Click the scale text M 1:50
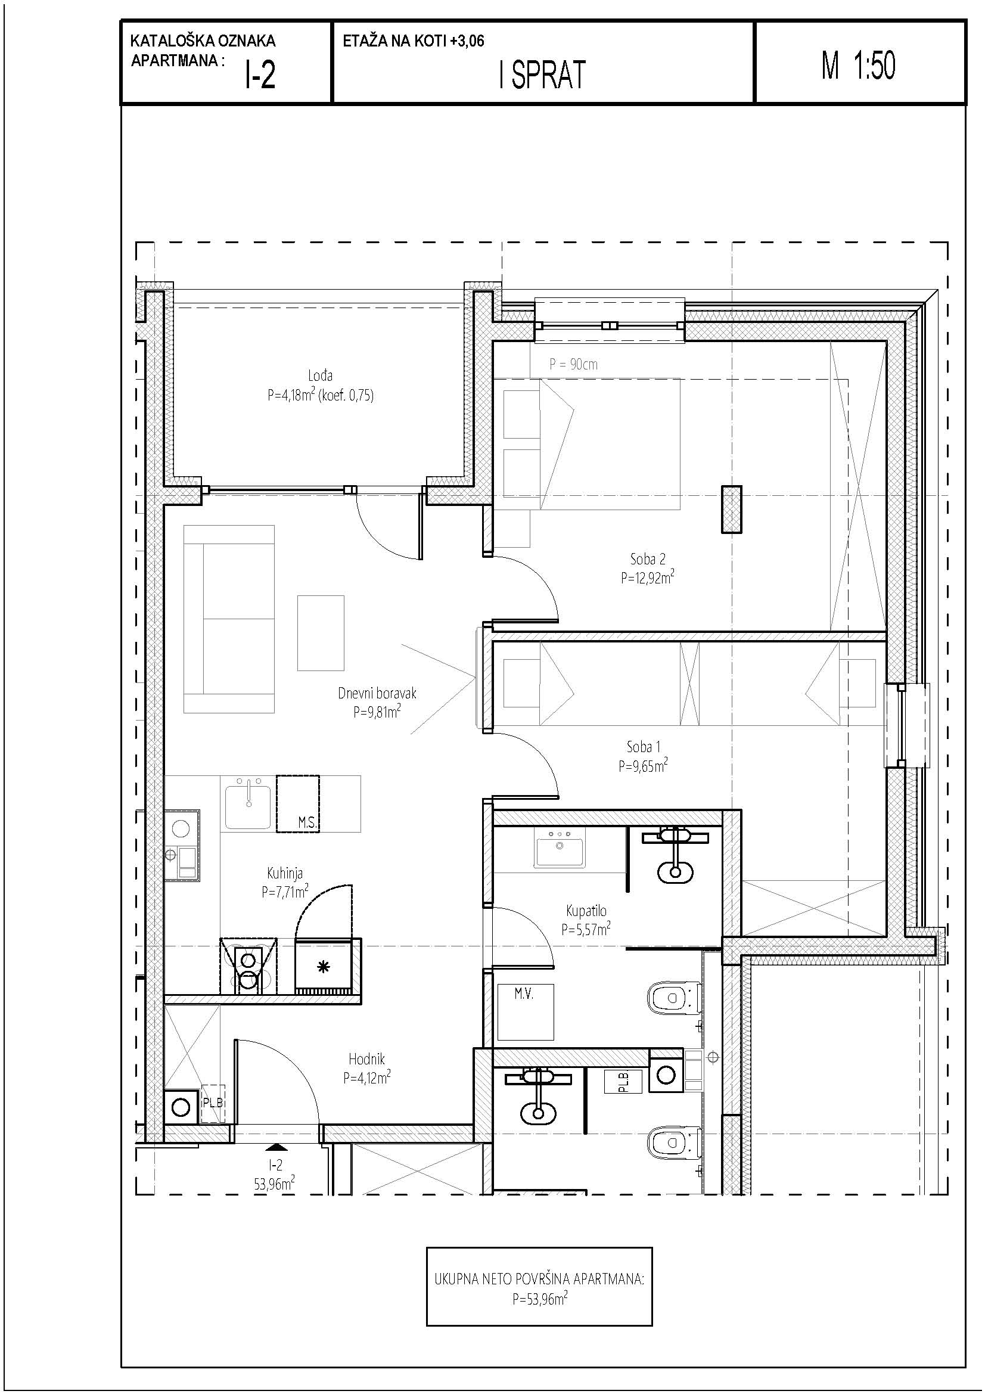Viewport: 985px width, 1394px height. point(858,66)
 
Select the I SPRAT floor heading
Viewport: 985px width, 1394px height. point(542,75)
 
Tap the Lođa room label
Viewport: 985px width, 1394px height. point(320,375)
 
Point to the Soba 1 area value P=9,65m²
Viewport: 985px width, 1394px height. point(644,766)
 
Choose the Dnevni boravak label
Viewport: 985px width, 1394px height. point(377,693)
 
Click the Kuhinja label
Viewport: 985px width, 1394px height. point(285,873)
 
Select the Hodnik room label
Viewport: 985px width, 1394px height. point(366,1060)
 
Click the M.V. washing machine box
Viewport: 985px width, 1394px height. point(526,1011)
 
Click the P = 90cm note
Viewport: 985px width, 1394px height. point(573,364)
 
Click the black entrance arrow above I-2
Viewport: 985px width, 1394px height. point(276,1147)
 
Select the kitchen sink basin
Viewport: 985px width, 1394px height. point(248,806)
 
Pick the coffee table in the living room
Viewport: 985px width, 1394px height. point(321,633)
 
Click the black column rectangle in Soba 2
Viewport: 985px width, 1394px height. point(731,510)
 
